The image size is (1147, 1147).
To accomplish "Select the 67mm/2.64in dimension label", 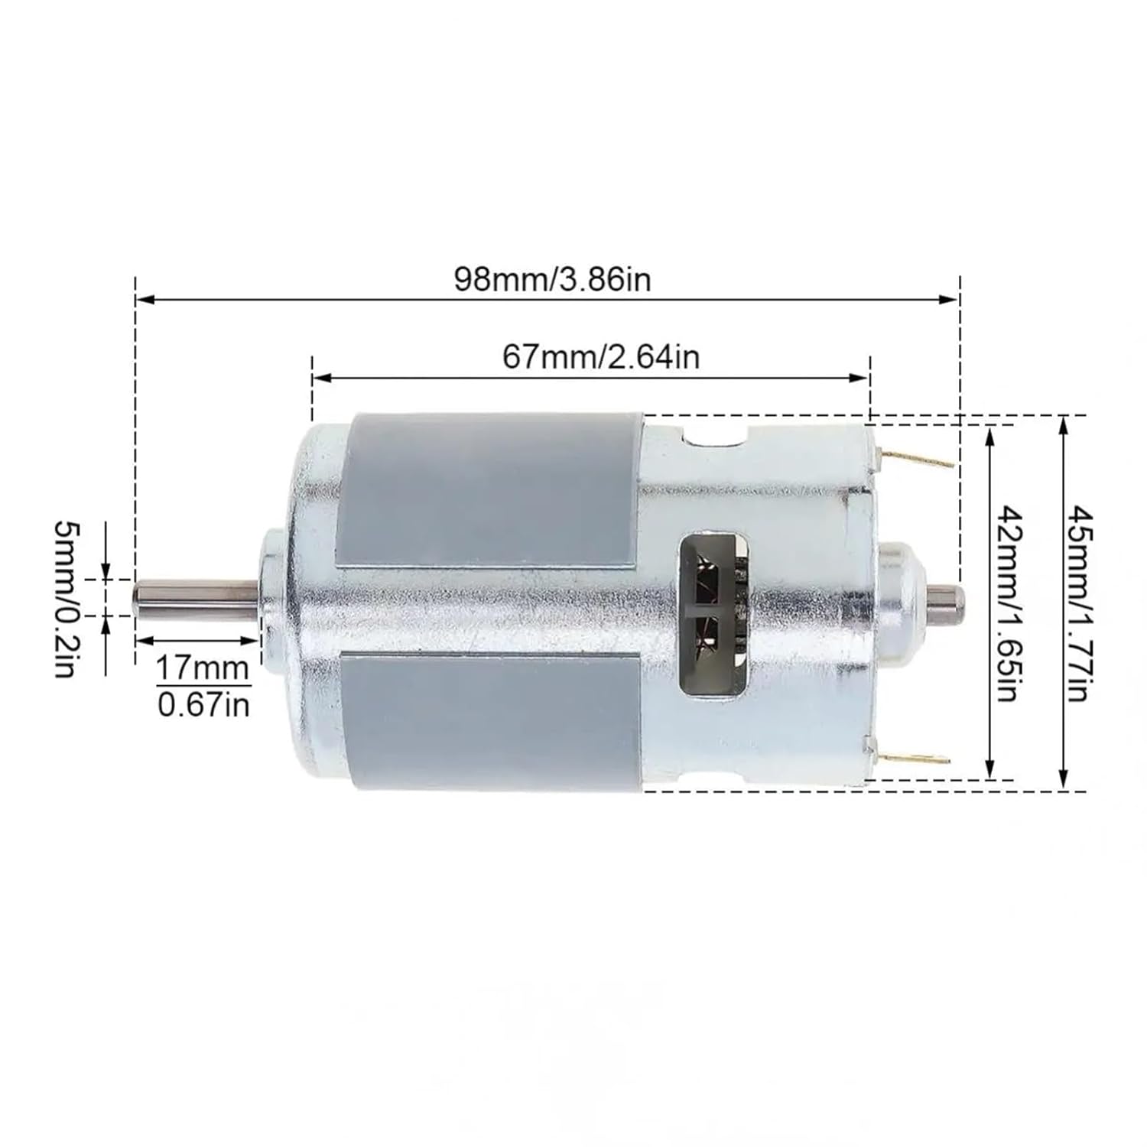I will [x=601, y=356].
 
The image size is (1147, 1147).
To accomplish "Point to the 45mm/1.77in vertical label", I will [x=1079, y=603].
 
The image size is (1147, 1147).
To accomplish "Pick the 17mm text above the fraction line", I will [x=203, y=669].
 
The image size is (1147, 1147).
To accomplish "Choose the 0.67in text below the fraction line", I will [x=203, y=704].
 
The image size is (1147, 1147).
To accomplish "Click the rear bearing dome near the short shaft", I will [x=902, y=596].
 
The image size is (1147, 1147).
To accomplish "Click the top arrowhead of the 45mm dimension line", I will [x=1063, y=424].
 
